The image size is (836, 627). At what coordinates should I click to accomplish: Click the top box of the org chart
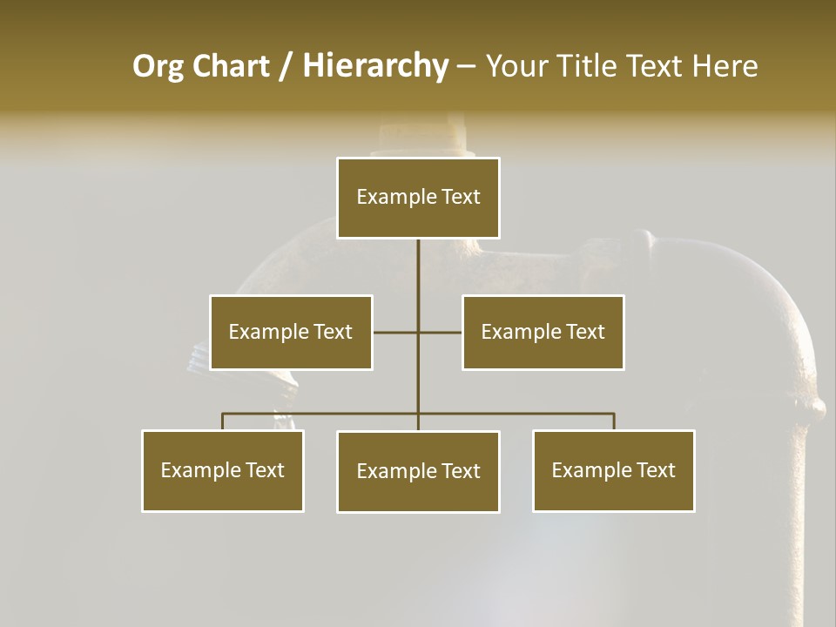418,198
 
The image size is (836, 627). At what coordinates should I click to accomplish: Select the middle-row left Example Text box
291,332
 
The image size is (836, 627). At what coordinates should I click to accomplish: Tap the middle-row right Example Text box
543,332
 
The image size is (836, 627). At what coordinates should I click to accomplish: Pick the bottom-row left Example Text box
223,470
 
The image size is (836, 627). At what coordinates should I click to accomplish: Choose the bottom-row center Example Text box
418,471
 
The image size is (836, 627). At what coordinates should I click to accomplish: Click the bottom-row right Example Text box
613,470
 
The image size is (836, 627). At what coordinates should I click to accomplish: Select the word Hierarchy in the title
375,66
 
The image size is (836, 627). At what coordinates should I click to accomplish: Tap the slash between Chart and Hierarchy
286,66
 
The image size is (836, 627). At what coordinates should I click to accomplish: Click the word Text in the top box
460,197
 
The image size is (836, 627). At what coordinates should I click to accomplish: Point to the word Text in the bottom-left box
265,470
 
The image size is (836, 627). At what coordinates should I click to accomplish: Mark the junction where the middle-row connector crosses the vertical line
418,332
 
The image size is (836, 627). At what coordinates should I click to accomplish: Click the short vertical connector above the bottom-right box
614,421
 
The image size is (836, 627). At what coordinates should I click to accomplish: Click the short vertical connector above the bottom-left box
223,421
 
